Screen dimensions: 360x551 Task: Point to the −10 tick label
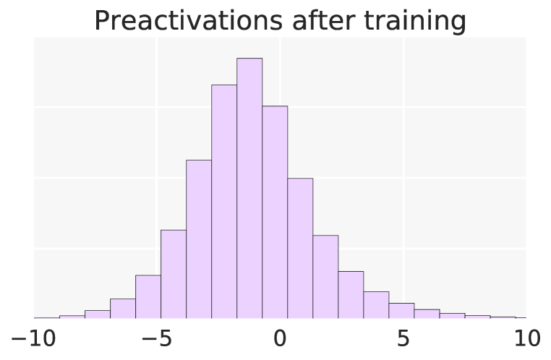[x=29, y=338]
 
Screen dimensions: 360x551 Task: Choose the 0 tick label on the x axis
[x=280, y=338]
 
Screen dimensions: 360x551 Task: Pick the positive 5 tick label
[x=403, y=338]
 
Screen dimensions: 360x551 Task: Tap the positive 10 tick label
[x=526, y=338]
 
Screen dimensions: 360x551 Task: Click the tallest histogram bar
[x=249, y=188]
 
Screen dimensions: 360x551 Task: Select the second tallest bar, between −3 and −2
[x=224, y=202]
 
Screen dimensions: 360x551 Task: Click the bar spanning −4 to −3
[x=199, y=239]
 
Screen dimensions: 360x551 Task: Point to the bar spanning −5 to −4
[x=174, y=274]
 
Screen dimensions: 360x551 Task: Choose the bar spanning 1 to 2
[x=325, y=277]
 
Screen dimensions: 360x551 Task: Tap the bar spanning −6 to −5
[x=148, y=296]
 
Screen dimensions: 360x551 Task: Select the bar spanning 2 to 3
[x=351, y=295]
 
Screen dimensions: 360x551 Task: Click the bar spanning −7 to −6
[x=123, y=309]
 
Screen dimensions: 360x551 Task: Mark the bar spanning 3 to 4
[x=376, y=305]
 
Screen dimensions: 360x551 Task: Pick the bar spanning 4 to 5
[x=401, y=311]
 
